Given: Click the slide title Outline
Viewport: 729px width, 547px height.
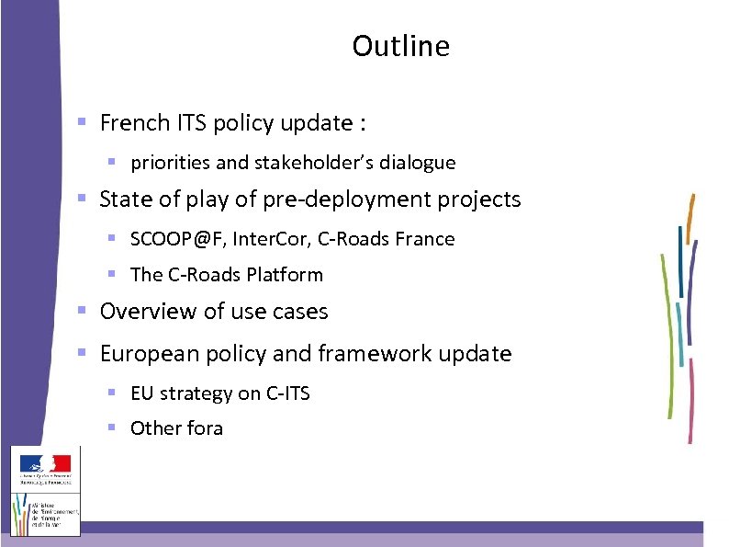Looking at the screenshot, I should tap(400, 46).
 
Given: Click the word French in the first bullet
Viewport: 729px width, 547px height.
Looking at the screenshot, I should tap(135, 122).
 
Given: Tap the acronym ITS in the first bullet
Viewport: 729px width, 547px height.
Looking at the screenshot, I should tap(193, 122).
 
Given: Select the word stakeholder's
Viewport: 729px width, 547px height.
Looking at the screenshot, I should tap(309, 163).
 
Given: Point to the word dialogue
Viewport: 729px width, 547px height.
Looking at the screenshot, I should tap(413, 163).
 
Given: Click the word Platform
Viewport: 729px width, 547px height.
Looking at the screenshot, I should tap(289, 274).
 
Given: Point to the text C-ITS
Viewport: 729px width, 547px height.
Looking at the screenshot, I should tap(288, 393).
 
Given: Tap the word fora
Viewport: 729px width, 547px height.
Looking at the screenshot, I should tap(204, 428).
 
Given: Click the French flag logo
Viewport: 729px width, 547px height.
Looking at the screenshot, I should tap(46, 464).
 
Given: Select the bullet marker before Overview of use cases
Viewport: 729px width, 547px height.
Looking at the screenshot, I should tap(82, 311).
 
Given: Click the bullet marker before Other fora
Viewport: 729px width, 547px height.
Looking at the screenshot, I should tap(111, 427).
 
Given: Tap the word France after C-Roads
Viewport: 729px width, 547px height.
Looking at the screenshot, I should tap(425, 239).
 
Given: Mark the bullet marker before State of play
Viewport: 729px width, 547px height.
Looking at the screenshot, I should tap(82, 199).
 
